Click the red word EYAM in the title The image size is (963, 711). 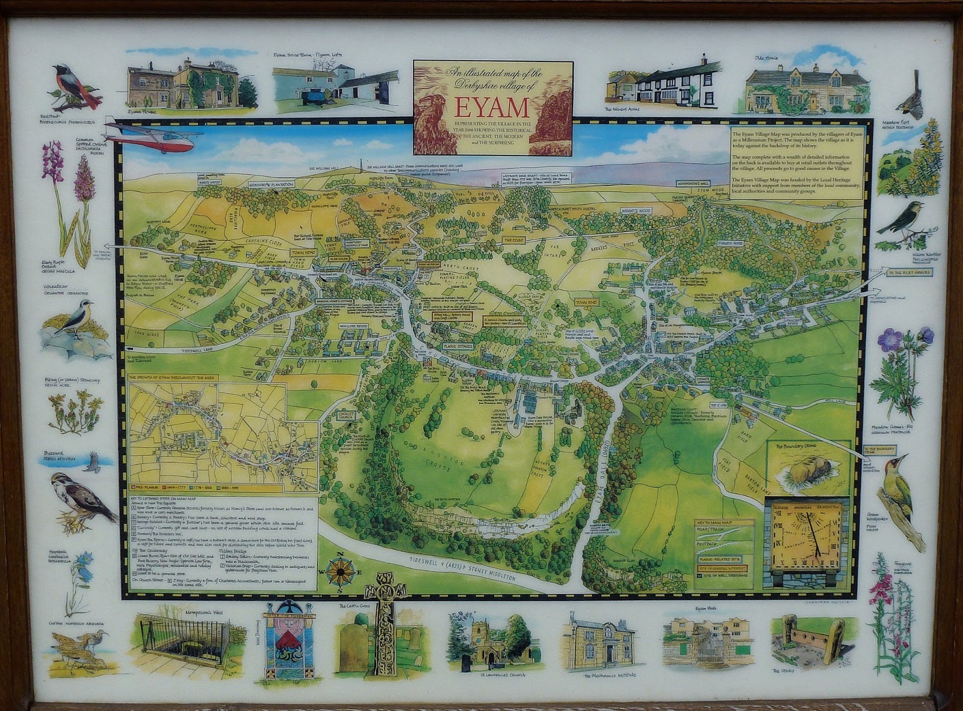click(x=492, y=107)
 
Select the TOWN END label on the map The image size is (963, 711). click(x=586, y=302)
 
